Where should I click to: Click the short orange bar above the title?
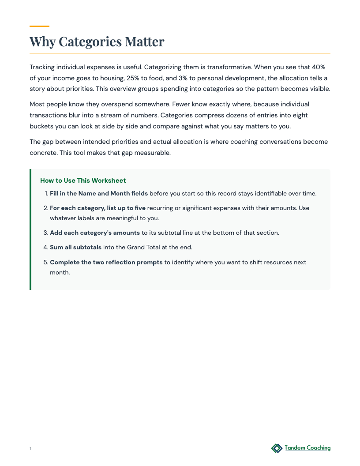[x=39, y=26]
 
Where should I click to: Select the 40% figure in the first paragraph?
[x=319, y=67]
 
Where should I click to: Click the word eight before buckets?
[x=298, y=115]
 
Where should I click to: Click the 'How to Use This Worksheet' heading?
[x=83, y=180]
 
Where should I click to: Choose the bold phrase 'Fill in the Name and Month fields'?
[x=98, y=193]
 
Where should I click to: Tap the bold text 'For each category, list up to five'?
[x=97, y=208]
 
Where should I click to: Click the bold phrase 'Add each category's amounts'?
[x=95, y=233]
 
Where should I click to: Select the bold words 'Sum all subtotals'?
[x=75, y=247]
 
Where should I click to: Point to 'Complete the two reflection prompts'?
[x=106, y=262]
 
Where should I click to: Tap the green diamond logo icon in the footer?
[x=277, y=448]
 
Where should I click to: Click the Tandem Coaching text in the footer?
[x=307, y=448]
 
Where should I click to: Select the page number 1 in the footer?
[x=30, y=449]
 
